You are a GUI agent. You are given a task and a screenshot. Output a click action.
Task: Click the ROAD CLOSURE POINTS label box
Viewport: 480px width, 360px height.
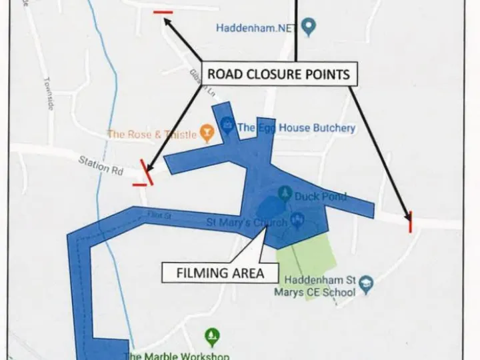pos(278,74)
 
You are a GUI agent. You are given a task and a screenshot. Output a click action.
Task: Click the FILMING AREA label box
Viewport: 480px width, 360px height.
pos(220,273)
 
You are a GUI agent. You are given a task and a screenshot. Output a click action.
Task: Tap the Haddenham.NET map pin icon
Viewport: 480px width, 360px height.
pos(308,27)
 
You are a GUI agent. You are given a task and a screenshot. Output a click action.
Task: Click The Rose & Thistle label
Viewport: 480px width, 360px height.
pos(152,134)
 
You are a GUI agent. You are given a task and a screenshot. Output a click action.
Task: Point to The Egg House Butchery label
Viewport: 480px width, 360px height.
pos(296,127)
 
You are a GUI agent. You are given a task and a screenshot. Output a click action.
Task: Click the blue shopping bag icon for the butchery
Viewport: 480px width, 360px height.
pos(227,125)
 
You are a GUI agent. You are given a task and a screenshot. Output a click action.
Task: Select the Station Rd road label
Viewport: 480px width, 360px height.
pos(101,165)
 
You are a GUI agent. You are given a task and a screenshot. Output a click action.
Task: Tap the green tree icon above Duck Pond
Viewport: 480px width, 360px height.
pos(285,194)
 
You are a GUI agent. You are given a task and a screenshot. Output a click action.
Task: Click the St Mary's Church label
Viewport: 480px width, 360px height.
pos(247,222)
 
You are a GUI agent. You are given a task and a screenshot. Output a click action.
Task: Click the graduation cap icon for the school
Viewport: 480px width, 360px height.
pos(366,285)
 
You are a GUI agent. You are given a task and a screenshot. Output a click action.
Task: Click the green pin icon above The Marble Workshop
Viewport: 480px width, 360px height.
pos(212,335)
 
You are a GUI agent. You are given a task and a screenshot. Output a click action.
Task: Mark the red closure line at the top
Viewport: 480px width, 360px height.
pos(163,12)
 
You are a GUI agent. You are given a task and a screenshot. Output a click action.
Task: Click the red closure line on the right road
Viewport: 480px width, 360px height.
pos(410,221)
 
